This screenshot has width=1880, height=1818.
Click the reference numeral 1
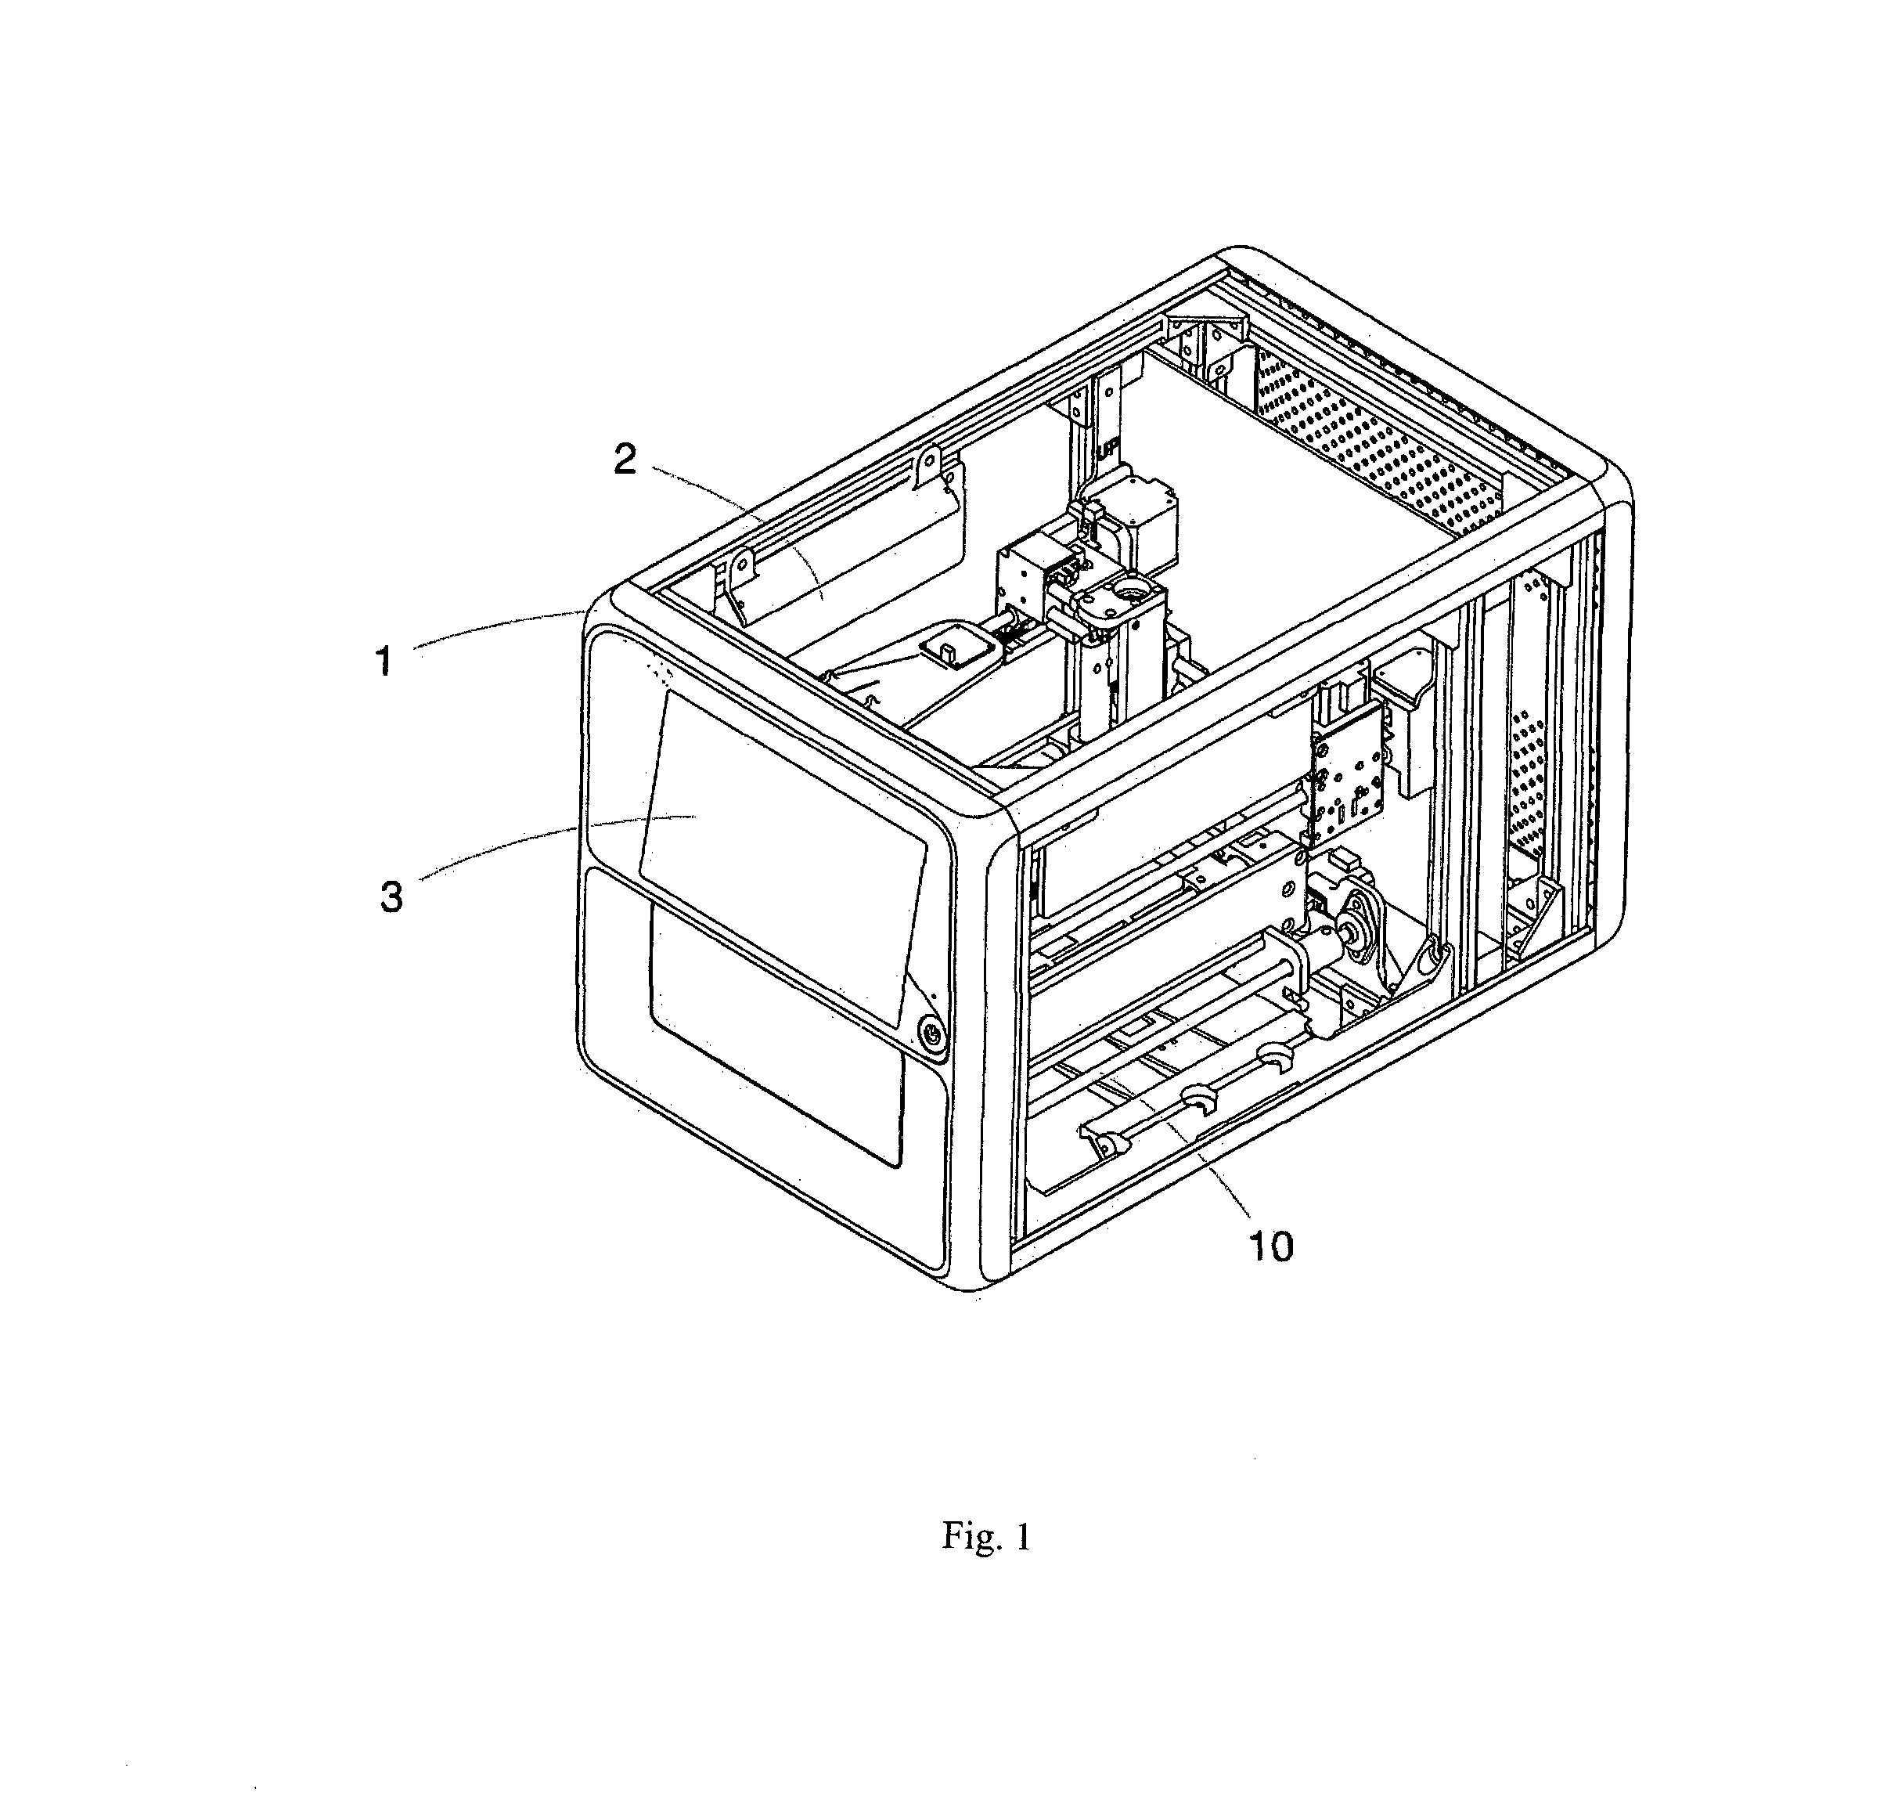pyautogui.click(x=384, y=661)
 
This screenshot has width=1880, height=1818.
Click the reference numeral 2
pyautogui.click(x=625, y=460)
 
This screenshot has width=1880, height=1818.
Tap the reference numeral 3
pyautogui.click(x=391, y=897)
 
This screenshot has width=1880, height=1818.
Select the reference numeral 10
pyautogui.click(x=1270, y=1246)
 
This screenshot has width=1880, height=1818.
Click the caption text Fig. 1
pyautogui.click(x=986, y=1537)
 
